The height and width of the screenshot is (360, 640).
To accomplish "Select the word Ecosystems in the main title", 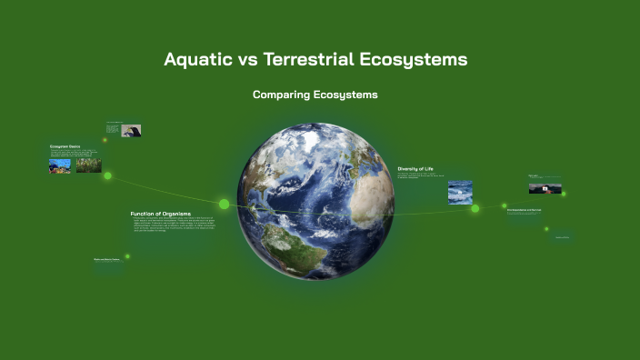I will (x=422, y=60).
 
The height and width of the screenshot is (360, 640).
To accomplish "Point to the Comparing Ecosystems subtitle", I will (x=315, y=95).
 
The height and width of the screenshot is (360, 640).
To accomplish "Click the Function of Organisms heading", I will (x=161, y=214).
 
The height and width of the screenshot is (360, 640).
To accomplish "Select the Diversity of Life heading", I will (x=422, y=168).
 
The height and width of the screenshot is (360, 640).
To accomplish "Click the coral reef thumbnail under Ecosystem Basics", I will (x=60, y=165).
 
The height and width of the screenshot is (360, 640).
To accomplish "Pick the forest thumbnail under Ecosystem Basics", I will (x=88, y=165).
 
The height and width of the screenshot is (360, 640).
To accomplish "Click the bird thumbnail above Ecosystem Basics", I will (x=131, y=131).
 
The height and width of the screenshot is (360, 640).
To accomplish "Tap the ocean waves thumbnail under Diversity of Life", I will (x=460, y=192).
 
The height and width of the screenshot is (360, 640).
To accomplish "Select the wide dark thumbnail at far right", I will (x=545, y=188).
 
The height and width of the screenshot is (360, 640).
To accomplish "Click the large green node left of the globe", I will (x=224, y=204).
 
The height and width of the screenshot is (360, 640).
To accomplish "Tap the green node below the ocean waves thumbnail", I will (x=475, y=208).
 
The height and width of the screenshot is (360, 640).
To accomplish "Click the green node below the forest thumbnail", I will (x=107, y=175).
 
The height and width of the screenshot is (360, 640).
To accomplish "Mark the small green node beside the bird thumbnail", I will (x=105, y=140).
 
